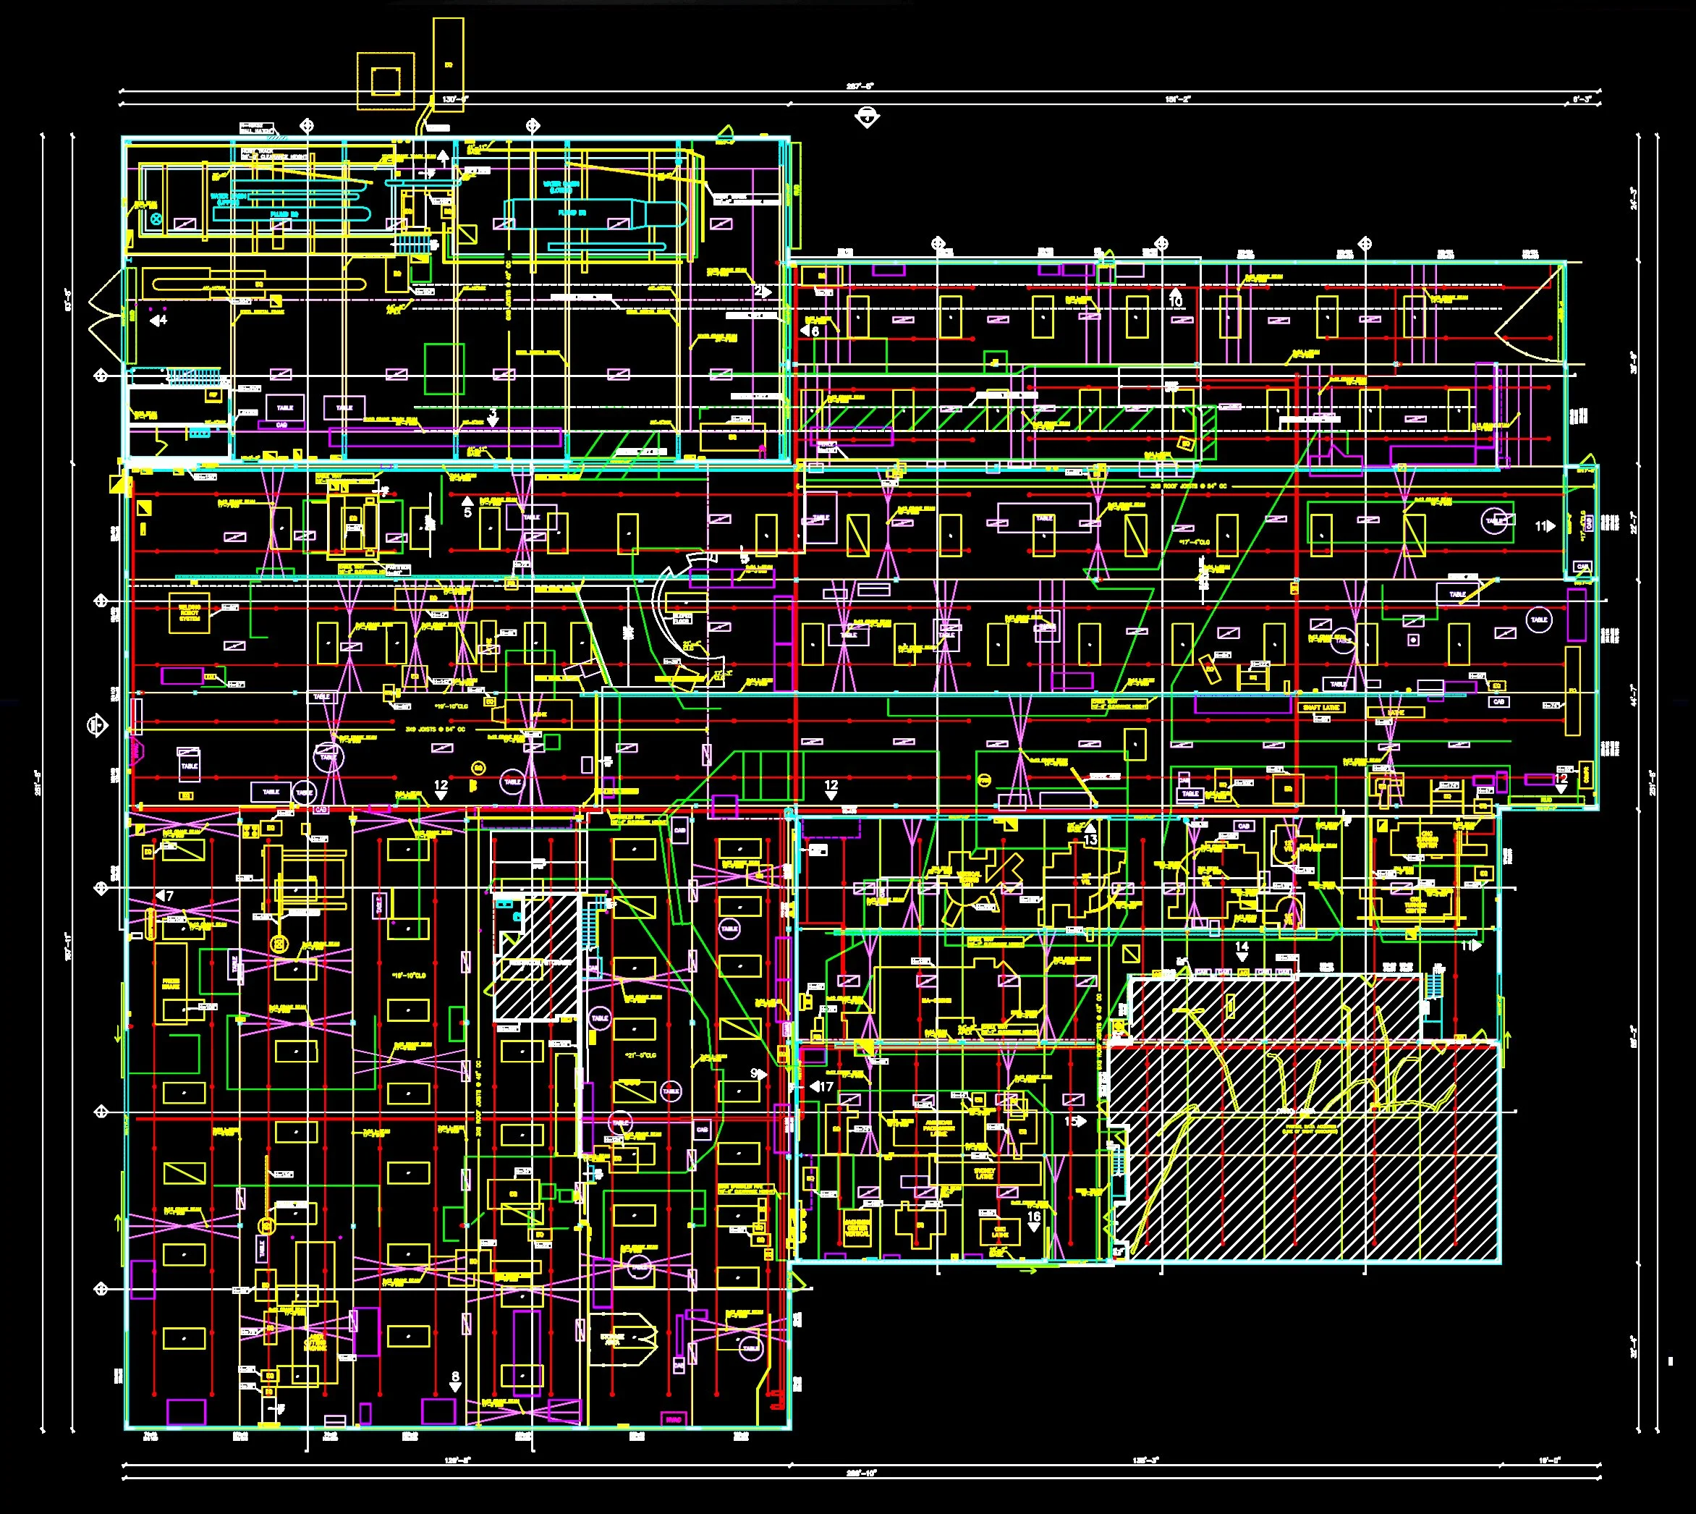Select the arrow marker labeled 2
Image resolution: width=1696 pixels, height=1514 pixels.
pos(761,292)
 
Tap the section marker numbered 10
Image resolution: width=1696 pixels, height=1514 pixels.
pos(1174,299)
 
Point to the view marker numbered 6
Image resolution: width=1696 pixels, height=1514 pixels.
pos(810,331)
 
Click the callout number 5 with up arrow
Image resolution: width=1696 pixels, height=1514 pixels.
pos(467,507)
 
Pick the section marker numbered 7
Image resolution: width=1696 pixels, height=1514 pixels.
pos(165,896)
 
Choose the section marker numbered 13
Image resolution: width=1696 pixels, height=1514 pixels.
pos(1090,835)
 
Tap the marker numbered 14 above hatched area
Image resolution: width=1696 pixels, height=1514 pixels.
pos(1242,950)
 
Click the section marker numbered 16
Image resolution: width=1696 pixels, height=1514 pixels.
pos(1034,1220)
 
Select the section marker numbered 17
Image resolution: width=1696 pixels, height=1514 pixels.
pos(822,1086)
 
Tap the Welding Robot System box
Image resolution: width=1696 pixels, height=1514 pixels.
pos(190,613)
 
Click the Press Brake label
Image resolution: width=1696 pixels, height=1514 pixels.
pos(171,984)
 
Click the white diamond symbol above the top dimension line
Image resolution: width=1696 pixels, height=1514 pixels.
pos(867,117)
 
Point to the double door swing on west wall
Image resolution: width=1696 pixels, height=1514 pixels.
pos(106,316)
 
